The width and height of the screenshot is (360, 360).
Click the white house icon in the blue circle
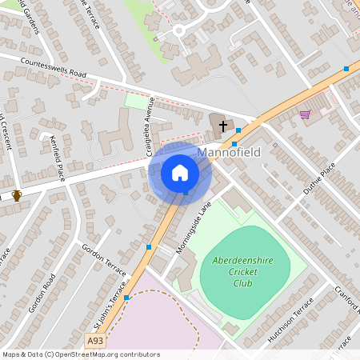coord(179,172)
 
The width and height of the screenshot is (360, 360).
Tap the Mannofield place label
coord(228,152)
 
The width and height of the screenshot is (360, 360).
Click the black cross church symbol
coord(223,126)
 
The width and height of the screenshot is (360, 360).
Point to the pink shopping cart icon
coord(305,114)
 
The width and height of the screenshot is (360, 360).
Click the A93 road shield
coord(95,341)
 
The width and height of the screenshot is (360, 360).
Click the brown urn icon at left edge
coord(17,195)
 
